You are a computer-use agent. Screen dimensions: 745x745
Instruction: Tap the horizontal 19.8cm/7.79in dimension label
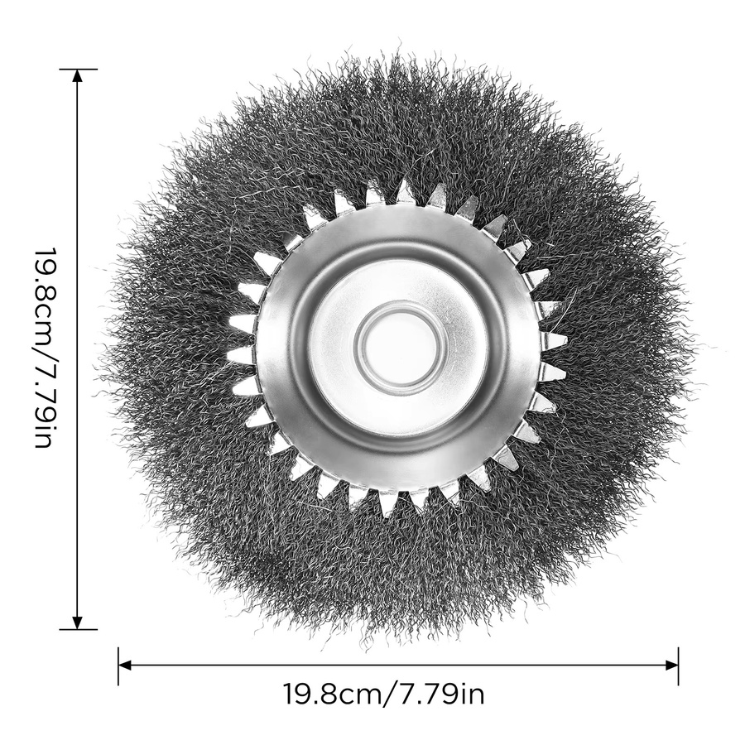pos(384,695)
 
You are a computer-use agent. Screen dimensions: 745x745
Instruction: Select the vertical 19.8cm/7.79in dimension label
pos(46,348)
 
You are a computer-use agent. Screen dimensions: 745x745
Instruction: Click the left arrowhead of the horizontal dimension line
pos(125,666)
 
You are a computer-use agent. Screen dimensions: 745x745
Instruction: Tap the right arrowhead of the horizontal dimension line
pos(671,666)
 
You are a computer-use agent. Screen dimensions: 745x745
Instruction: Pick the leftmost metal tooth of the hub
pos(241,355)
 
